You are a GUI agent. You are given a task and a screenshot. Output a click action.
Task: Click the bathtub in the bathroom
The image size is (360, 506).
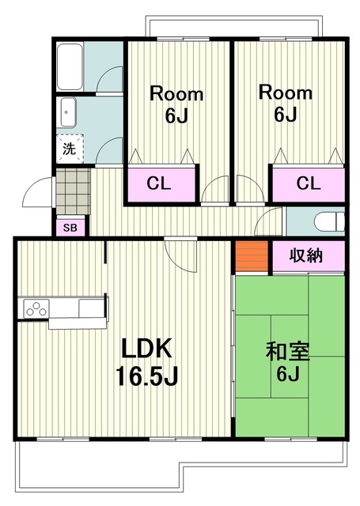70,66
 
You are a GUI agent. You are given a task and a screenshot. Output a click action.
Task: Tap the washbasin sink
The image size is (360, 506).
66,112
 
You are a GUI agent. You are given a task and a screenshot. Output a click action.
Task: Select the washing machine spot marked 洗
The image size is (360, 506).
70,149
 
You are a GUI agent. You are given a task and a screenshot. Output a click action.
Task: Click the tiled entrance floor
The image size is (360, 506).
73,191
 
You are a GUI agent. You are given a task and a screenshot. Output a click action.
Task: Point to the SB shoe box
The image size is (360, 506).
70,228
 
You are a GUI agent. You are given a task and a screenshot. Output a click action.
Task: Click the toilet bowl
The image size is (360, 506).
329,221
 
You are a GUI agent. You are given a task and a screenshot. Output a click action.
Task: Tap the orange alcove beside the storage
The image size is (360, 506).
252,256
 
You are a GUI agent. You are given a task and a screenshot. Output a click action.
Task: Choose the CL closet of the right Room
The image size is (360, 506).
309,183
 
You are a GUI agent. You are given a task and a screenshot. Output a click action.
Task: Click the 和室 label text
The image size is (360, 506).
288,351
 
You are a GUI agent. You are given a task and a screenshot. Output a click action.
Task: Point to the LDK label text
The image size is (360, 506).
146,349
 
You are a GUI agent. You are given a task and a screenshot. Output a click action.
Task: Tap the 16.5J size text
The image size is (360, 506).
147,376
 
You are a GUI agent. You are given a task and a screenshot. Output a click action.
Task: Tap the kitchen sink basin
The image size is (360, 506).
91,308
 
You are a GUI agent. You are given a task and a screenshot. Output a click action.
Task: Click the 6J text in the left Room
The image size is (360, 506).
176,115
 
